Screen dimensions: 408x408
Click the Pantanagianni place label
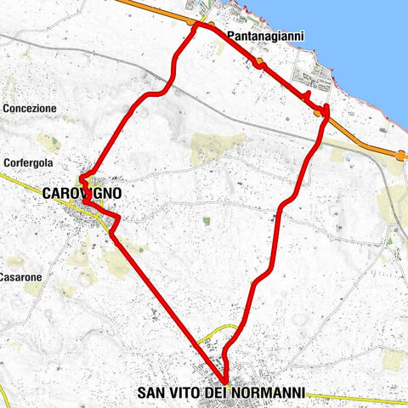click(267, 36)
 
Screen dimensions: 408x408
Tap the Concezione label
click(30, 109)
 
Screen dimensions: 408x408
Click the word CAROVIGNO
click(81, 194)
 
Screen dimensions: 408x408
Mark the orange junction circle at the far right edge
click(400, 155)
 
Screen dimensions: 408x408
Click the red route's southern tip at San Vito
click(226, 382)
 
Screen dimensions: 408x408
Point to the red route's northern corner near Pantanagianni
click(199, 25)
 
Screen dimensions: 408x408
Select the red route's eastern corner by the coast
click(326, 111)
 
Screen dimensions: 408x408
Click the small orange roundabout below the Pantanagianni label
click(259, 65)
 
